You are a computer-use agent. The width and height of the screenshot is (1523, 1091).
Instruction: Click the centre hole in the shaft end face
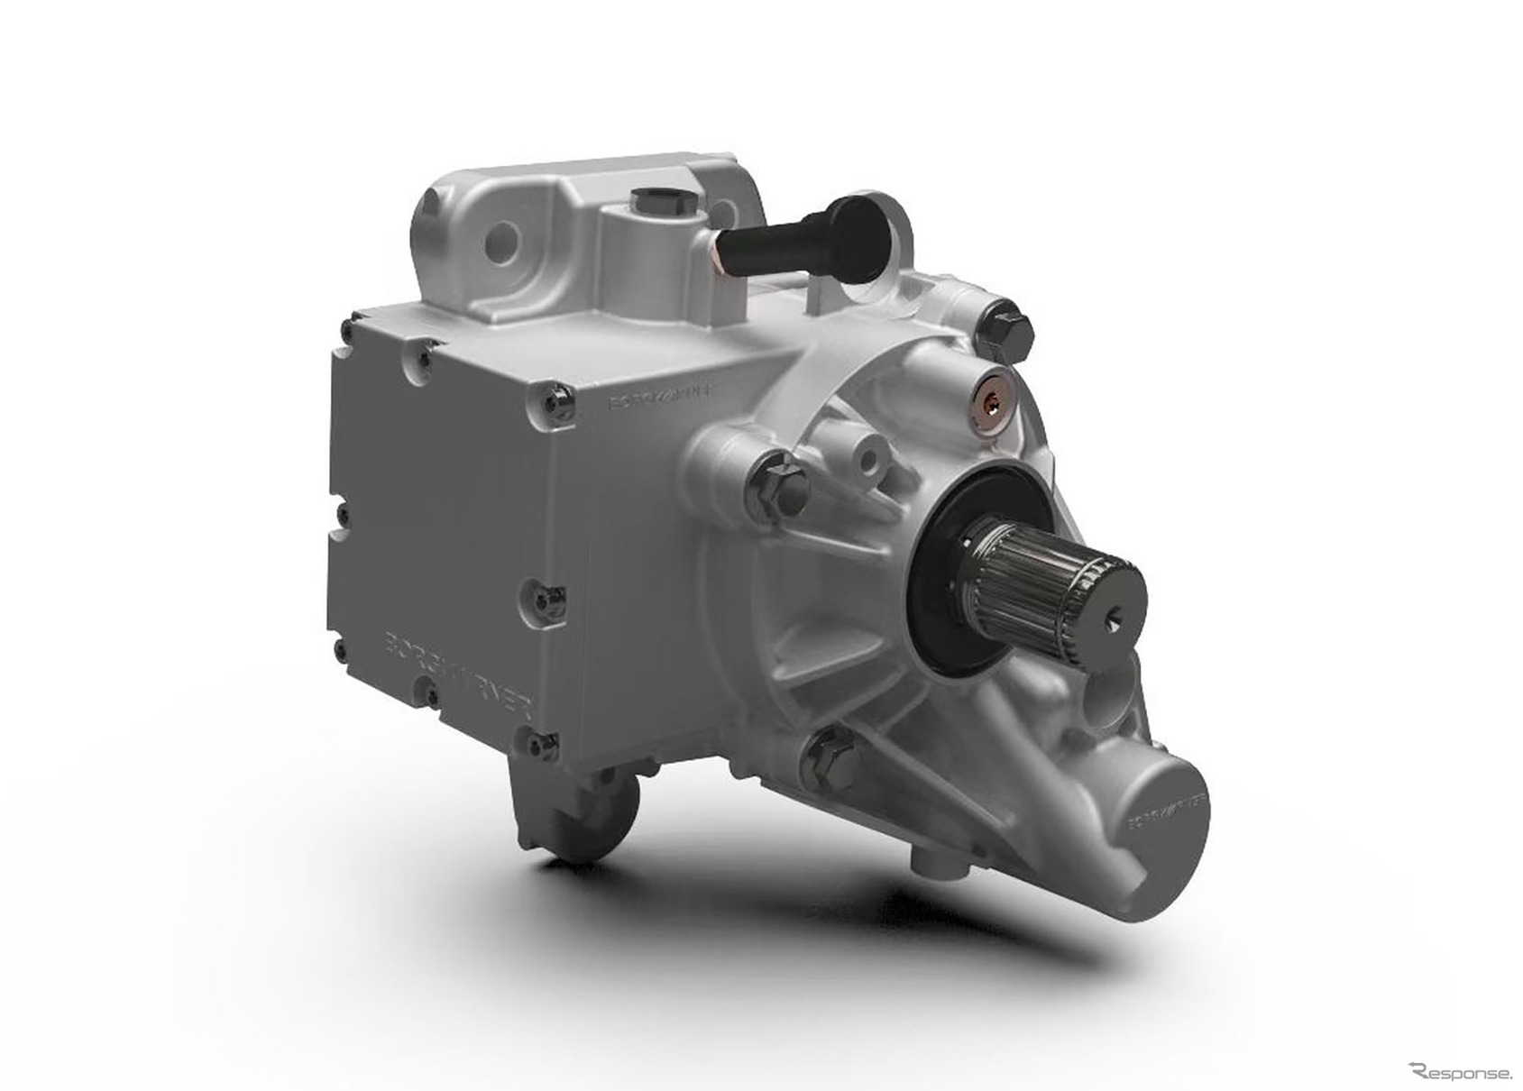[x=1113, y=613]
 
